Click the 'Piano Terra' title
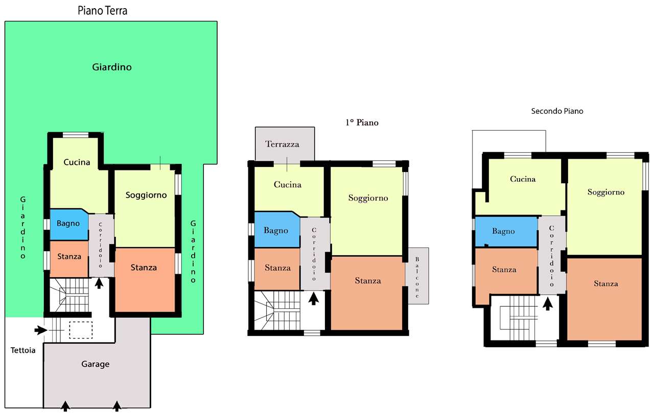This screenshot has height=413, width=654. click(103, 11)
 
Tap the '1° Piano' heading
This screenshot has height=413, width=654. click(362, 123)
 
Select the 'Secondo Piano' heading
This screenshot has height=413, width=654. click(557, 111)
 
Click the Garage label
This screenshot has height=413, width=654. click(96, 364)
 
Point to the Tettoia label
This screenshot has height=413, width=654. click(23, 350)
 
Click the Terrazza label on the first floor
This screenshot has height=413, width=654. click(283, 144)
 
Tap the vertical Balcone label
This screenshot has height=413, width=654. click(417, 277)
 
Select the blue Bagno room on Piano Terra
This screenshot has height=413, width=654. click(69, 225)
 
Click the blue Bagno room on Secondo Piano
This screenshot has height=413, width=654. click(506, 232)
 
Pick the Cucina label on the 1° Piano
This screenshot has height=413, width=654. click(288, 185)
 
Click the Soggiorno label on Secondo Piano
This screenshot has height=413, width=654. click(606, 192)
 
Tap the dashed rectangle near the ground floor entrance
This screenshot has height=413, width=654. click(81, 330)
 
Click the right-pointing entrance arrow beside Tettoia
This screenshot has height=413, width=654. click(41, 330)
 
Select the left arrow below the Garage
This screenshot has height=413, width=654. click(65, 406)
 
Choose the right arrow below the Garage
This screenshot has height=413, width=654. click(117, 406)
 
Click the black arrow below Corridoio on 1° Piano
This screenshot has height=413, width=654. click(314, 299)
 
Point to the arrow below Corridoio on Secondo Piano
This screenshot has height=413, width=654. click(548, 303)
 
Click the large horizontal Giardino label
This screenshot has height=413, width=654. click(112, 67)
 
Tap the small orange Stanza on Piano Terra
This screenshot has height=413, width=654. click(69, 259)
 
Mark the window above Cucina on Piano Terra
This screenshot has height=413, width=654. click(76, 135)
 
